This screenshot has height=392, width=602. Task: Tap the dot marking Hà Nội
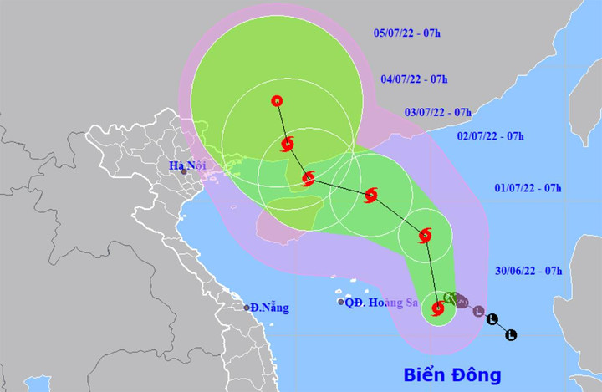pos(184,172)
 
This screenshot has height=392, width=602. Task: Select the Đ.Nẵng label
pos(269,308)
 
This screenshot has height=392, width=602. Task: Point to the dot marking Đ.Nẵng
pos(247,308)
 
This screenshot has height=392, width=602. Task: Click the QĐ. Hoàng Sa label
pos(382,302)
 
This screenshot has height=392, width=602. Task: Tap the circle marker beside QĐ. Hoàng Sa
pos(341,302)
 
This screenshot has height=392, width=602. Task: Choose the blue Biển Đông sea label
pos(451,373)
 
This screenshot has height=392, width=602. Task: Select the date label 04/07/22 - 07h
pos(414,79)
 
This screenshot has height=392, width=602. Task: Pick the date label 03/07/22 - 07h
pos(438,112)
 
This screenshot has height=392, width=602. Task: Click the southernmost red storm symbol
pos(437,308)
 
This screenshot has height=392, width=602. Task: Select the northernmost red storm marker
pos(277,101)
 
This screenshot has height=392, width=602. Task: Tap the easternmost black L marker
pos(512,334)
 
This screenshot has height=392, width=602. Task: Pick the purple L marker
pos(478,312)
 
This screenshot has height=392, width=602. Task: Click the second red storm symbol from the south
pos(425,235)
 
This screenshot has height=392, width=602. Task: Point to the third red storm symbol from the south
pos(371,196)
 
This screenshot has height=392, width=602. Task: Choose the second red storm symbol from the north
pos(288,144)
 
